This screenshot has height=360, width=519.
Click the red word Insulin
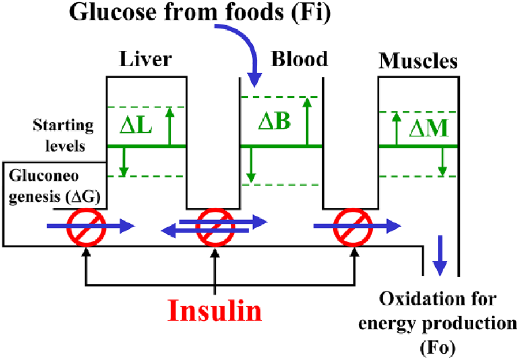(x=215, y=310)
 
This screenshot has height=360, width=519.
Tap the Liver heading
(x=146, y=59)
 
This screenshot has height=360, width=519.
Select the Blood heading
(x=299, y=59)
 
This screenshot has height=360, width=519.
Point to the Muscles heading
(x=419, y=61)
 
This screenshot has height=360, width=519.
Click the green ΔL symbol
(x=136, y=126)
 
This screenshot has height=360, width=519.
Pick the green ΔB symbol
(x=274, y=121)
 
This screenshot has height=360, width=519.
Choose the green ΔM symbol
(x=429, y=128)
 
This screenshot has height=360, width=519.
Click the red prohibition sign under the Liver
(x=86, y=227)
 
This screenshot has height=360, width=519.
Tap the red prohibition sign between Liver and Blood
(x=216, y=227)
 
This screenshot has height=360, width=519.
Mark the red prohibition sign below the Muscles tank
(x=353, y=227)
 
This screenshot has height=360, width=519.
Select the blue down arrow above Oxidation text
(x=440, y=256)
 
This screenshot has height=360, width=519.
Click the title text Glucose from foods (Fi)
(x=200, y=12)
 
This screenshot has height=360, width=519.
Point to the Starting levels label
(x=63, y=136)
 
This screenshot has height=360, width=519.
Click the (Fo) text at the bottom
(x=438, y=347)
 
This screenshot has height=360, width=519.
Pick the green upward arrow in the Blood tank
(x=307, y=121)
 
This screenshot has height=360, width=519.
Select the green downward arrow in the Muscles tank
(x=442, y=162)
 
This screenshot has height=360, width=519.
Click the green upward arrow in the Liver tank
(x=170, y=126)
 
